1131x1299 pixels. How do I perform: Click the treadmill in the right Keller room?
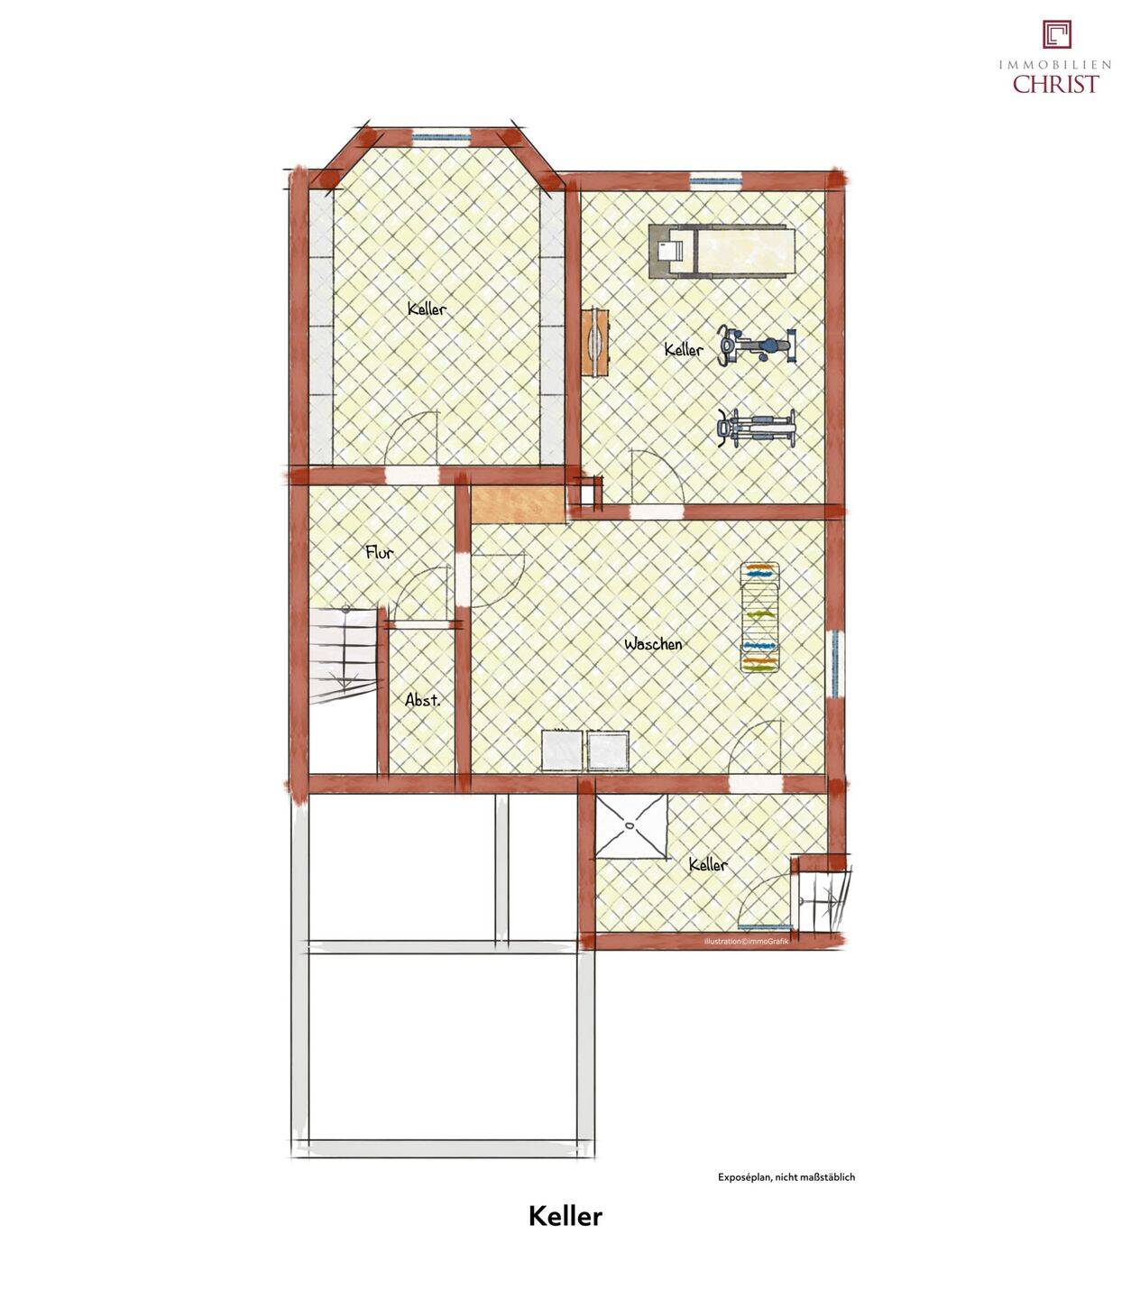[x=722, y=251]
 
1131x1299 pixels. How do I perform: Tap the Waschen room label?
[x=653, y=644]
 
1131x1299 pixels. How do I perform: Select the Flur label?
[x=380, y=552]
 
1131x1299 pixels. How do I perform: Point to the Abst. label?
[x=422, y=700]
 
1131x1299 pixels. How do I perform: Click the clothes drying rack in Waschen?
[x=760, y=616]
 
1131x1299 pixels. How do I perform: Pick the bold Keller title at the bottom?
[x=565, y=1216]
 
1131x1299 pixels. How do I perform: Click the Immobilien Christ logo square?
[x=1057, y=34]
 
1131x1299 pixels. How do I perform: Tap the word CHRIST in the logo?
[x=1056, y=84]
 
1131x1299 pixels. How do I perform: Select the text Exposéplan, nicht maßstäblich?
[x=786, y=1176]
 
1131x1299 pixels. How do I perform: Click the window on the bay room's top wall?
[x=441, y=136]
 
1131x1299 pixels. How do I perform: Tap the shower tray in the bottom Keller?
[x=631, y=825]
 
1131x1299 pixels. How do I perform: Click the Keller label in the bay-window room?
[x=428, y=309]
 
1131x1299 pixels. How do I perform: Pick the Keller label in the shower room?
[x=708, y=864]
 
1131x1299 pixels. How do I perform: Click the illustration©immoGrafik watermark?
[x=746, y=941]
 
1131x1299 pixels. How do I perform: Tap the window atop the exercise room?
[x=715, y=181]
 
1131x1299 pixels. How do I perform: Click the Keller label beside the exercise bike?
[x=684, y=349]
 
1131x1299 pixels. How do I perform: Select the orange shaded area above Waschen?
[x=518, y=504]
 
